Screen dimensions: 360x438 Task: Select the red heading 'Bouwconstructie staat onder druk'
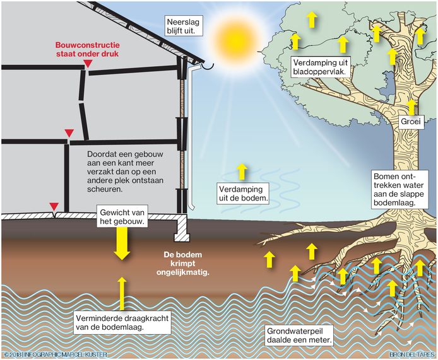[86, 50]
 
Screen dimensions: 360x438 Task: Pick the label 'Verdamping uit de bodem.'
[242, 194]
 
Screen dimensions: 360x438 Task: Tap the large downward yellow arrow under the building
[122, 244]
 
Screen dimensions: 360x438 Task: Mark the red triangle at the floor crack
[55, 207]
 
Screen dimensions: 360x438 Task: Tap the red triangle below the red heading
[86, 66]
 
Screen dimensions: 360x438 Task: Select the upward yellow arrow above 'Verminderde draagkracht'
[122, 292]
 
